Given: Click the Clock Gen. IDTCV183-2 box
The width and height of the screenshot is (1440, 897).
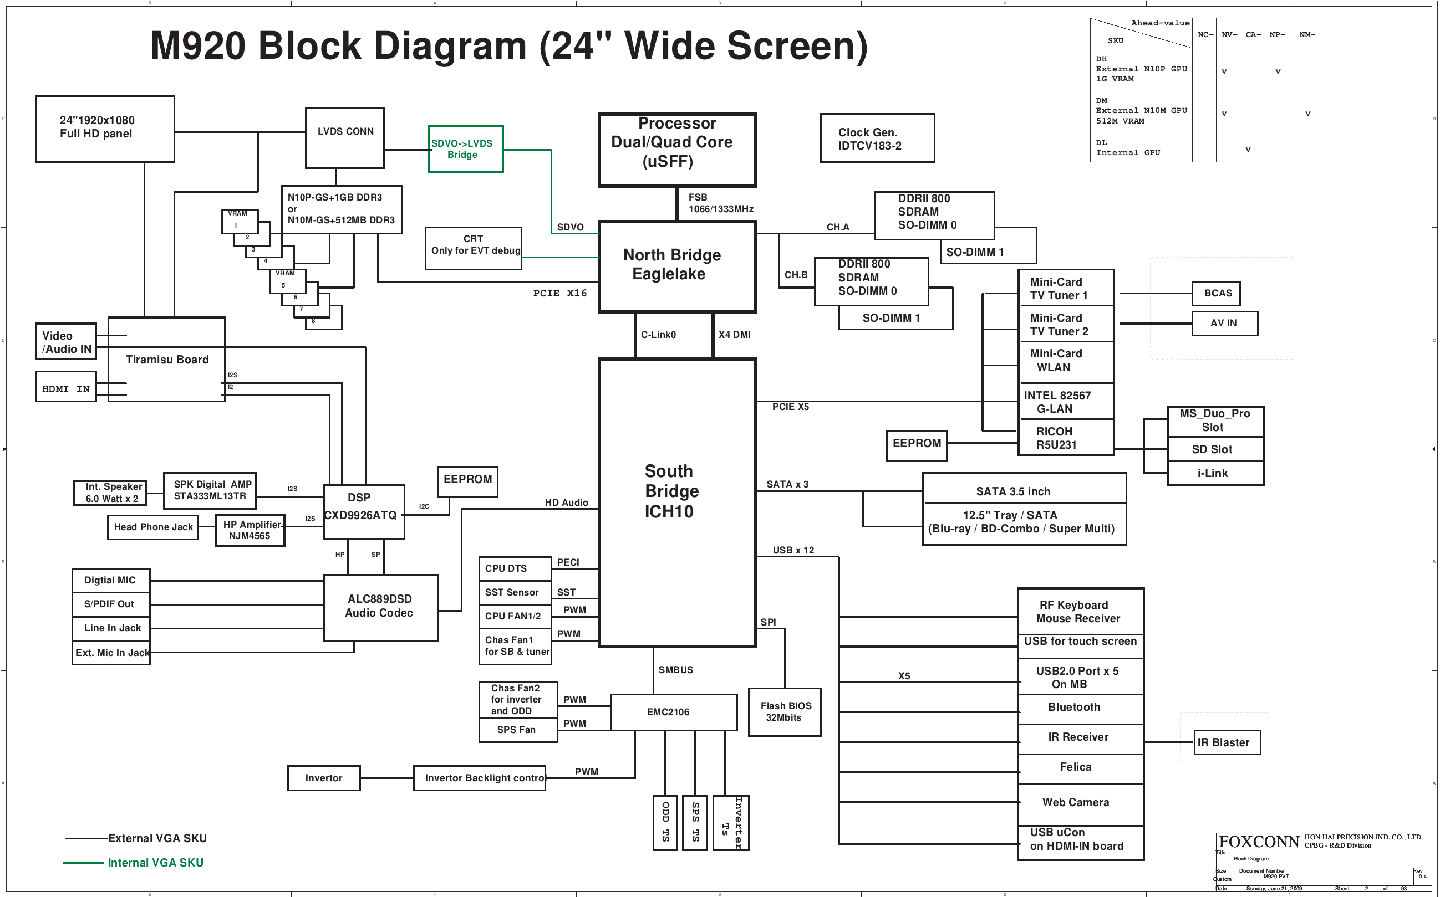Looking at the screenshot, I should [x=877, y=138].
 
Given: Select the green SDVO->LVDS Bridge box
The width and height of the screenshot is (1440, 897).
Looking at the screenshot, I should [x=465, y=149].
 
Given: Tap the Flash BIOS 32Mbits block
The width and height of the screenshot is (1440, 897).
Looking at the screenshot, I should [x=784, y=712].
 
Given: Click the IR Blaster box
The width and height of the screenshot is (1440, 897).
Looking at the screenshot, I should [x=1227, y=742].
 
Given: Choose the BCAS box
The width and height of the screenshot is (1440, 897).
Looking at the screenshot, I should [x=1215, y=293].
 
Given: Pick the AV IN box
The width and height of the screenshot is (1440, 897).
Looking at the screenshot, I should [x=1224, y=324].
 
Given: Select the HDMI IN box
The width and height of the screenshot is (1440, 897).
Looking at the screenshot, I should [x=66, y=388].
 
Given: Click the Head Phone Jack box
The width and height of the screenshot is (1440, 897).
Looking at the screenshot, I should [x=152, y=527].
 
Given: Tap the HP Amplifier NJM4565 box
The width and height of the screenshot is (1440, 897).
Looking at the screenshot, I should [x=250, y=530].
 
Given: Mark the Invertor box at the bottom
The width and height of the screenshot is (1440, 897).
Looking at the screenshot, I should [x=323, y=778].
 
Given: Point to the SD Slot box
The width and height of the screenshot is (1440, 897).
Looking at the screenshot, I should [x=1215, y=449].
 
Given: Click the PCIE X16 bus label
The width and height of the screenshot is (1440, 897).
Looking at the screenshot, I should [x=559, y=293].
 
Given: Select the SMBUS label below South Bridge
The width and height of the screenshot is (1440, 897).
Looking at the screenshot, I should [x=675, y=670].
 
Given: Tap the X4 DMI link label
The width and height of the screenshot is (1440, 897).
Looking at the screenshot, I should [x=734, y=335].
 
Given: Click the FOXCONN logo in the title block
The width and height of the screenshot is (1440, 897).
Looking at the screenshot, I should [x=1258, y=842].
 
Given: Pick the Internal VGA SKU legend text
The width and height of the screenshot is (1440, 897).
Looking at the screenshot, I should [x=155, y=863].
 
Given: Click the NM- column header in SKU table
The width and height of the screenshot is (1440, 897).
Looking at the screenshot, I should [x=1306, y=34].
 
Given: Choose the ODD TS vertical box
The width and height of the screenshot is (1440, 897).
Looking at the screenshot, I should [x=665, y=822].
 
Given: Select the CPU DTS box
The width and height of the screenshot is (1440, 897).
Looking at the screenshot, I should [x=514, y=568].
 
